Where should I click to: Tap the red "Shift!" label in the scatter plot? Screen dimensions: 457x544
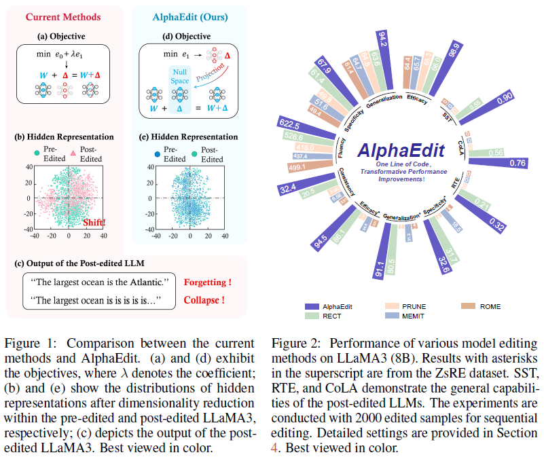click(95, 222)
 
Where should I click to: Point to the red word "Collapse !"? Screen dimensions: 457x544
click(204, 299)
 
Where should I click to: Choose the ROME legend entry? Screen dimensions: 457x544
click(490, 306)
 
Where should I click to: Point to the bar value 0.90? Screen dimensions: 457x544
click(503, 98)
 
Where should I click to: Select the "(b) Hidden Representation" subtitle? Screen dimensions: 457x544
click(62, 136)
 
